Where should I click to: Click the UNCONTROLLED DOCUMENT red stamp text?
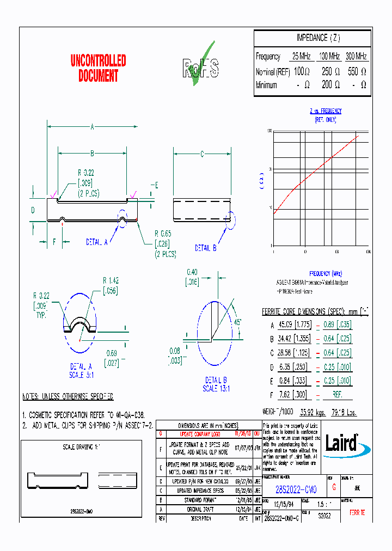tap(98, 68)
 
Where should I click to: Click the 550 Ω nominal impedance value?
tap(356, 71)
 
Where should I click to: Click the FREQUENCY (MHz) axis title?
tap(326, 273)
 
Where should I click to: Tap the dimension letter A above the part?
tap(93, 127)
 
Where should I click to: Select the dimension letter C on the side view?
tap(202, 155)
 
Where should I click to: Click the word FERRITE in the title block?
tap(357, 513)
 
